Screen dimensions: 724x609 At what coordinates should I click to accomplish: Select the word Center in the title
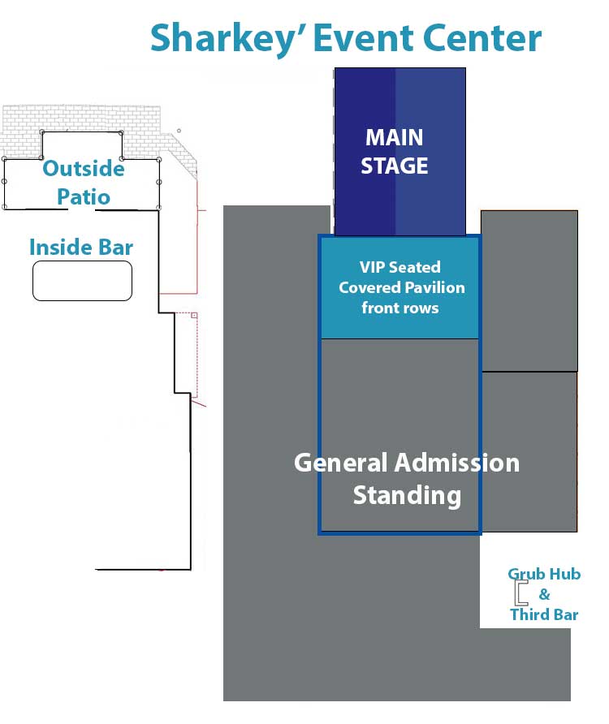pos(486,38)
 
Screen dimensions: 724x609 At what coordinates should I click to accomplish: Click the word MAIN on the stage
pos(394,137)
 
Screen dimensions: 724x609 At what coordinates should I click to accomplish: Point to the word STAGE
pos(394,166)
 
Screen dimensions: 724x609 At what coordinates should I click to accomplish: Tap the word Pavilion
pos(435,287)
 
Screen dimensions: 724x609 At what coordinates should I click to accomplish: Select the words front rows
pos(400,308)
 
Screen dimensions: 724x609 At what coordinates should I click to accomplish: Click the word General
pos(340,463)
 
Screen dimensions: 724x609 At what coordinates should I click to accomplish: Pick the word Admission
pos(457,463)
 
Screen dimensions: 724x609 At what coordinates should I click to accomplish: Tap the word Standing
pos(407,494)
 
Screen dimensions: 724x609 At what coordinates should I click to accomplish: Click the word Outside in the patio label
pos(84,169)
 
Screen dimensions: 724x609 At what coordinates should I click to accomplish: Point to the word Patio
pos(84,196)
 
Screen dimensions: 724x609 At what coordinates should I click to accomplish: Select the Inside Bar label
pos(81,247)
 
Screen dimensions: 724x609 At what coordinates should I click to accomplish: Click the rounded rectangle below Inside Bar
pos(82,281)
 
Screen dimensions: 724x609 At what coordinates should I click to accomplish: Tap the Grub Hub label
pos(544,574)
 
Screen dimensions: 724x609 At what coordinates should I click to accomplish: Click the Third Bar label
pos(544,614)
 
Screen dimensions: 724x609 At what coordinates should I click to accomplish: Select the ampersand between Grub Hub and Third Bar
pos(545,594)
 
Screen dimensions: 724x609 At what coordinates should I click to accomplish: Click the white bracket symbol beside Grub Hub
pos(520,593)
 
